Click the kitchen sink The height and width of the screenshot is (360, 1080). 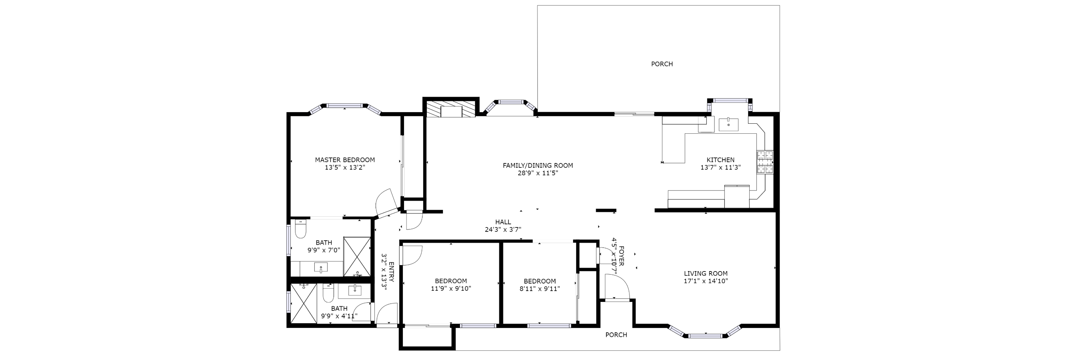click(729, 125)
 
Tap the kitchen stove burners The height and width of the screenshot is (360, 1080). click(765, 162)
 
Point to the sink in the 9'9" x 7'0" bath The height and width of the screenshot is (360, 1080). click(321, 268)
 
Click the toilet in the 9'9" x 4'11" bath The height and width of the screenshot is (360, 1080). click(328, 293)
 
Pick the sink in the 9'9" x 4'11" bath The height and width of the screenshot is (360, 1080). click(355, 290)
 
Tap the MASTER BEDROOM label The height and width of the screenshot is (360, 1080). click(345, 160)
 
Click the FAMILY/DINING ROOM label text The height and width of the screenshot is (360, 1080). click(537, 165)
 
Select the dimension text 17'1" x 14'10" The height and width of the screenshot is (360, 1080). click(706, 281)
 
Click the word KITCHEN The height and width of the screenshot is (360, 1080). click(720, 160)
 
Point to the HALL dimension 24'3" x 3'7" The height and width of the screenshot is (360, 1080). click(503, 229)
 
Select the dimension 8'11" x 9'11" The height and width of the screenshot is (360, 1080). click(539, 288)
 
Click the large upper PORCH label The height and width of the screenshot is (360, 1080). click(662, 64)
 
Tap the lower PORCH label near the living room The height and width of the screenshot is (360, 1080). click(616, 334)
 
